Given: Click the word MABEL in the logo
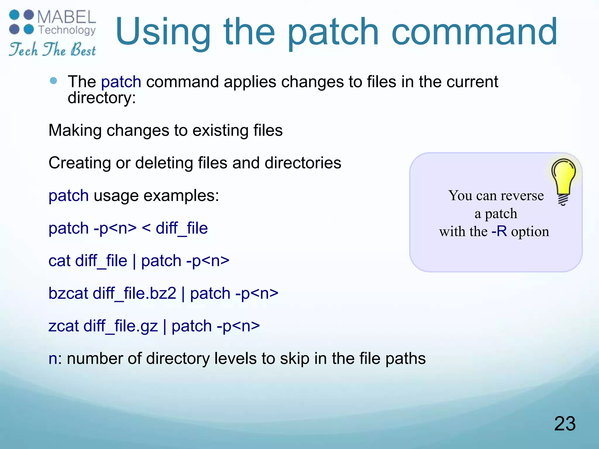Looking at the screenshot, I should pos(67,18).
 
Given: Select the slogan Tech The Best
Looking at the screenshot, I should pos(52,49).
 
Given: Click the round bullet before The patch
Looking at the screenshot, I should pos(54,81).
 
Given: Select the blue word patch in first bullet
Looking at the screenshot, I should pos(121,82).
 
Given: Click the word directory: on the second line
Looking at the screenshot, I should pos(102,98).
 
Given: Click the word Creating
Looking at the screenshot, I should pos(80,163).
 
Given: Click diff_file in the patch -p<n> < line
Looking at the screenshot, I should pos(182,228).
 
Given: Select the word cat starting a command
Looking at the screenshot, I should pos(59,261).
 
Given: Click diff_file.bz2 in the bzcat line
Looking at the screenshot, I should pos(134,293).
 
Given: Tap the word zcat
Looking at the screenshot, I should pos(63,326).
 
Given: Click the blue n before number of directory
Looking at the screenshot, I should pos(53,359).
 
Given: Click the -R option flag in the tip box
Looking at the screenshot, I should pos(499,232).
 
